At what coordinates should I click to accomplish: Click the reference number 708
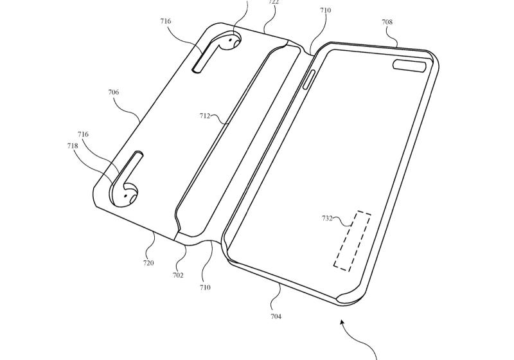tap(387, 22)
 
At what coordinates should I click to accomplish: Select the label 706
tap(114, 92)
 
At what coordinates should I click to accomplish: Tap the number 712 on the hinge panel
tap(205, 116)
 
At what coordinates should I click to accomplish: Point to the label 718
tap(73, 145)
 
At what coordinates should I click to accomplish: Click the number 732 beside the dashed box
tap(328, 218)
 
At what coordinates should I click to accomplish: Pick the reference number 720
tap(148, 263)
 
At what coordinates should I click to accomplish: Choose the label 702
tap(178, 275)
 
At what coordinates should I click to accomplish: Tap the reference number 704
tap(276, 316)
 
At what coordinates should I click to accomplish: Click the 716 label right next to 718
tap(83, 134)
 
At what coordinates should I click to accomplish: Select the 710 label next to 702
tap(205, 287)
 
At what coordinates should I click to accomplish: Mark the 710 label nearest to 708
tap(326, 10)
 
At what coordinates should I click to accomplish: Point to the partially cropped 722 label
tap(274, 2)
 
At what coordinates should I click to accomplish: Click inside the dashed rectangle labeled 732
tap(352, 240)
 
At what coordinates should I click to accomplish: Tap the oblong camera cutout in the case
tap(409, 65)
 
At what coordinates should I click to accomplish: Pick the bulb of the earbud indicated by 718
tap(125, 194)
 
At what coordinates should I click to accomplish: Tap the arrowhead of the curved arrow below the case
tap(342, 322)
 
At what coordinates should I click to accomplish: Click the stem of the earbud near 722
tap(205, 56)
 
